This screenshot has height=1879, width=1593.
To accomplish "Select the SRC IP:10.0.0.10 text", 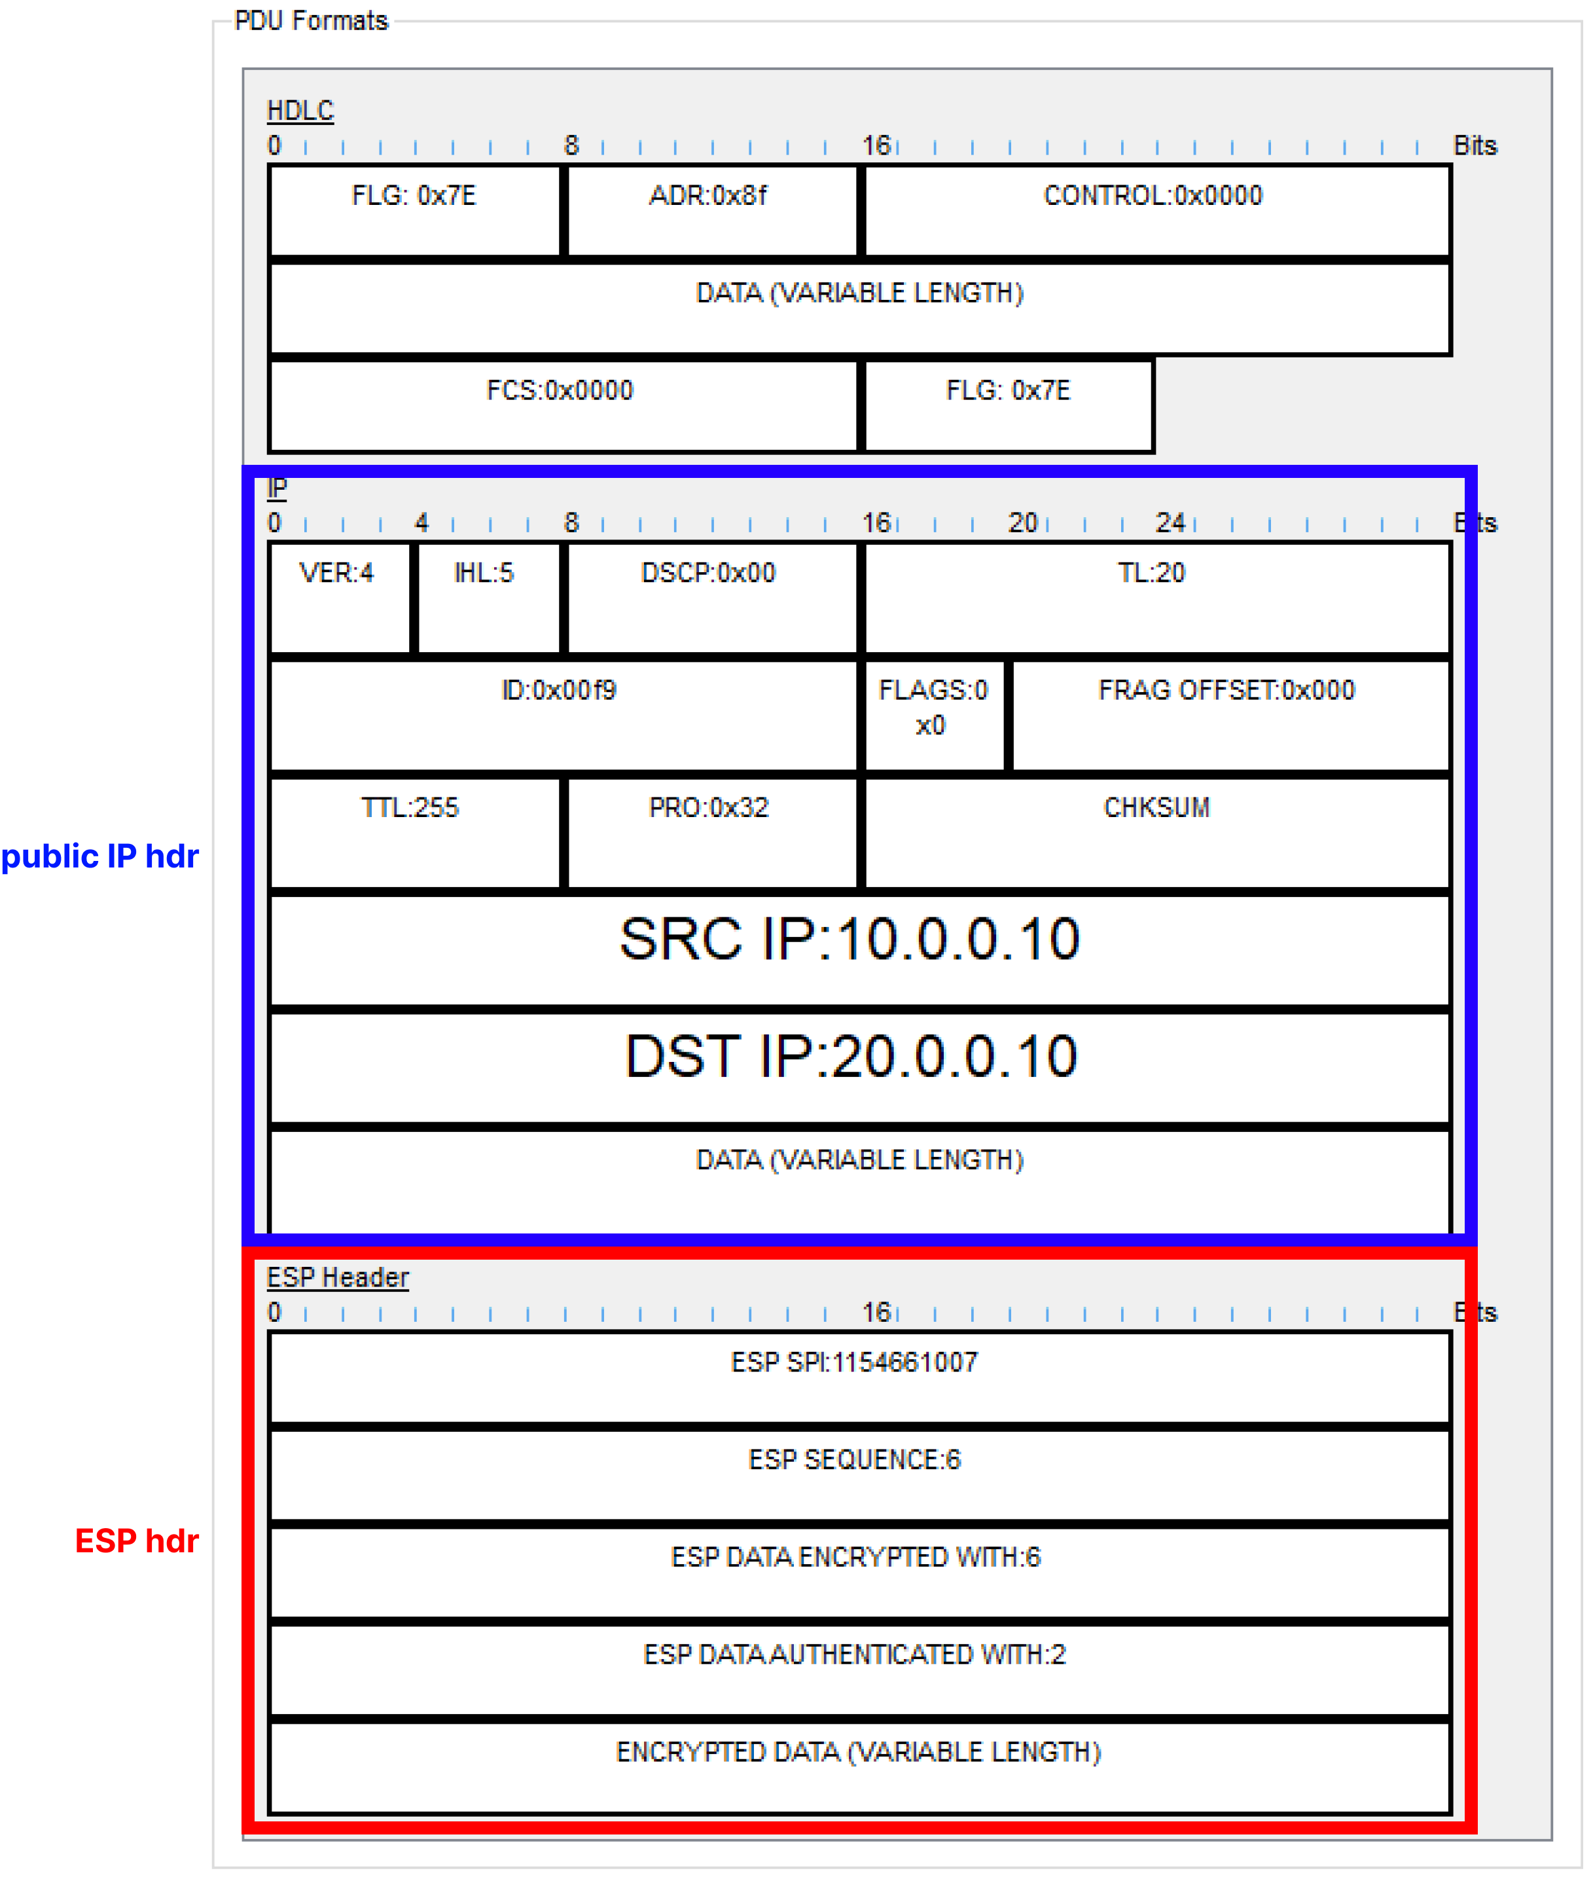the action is (x=850, y=939).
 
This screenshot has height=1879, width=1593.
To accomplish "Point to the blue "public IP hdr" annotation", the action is (x=99, y=856).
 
